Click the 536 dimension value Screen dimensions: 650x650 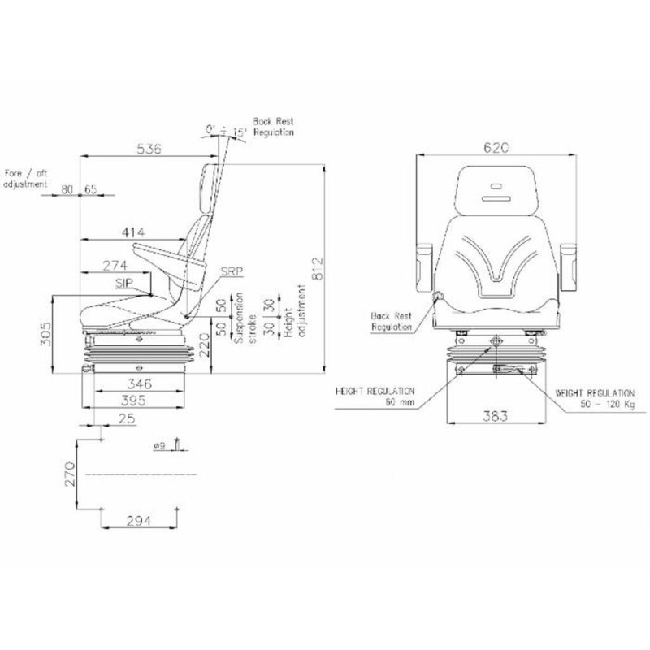pos(149,149)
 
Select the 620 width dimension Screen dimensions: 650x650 pos(496,148)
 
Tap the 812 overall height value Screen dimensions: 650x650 pos(317,269)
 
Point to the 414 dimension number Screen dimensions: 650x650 pos(133,232)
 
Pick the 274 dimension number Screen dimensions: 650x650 pos(115,266)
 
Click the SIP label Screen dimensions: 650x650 pos(124,283)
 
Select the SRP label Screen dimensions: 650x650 pos(232,271)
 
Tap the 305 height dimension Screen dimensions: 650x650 pos(46,334)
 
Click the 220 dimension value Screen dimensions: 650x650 pos(205,345)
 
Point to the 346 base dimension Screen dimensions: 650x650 pos(139,383)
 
